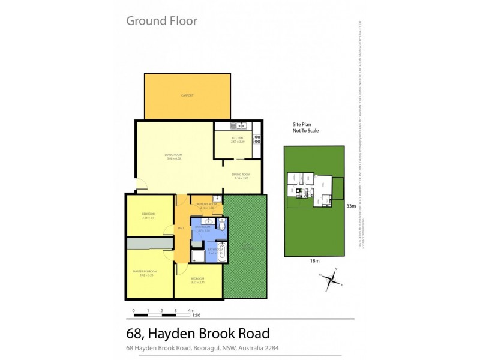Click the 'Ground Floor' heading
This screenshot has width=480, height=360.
161,21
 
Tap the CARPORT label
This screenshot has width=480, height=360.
187,95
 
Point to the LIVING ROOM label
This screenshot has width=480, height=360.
173,156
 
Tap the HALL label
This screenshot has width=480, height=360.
181,229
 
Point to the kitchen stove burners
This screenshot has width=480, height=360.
257,139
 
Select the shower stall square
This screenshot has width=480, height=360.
197,256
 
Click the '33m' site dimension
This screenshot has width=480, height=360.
351,206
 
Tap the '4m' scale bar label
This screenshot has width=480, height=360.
191,310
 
